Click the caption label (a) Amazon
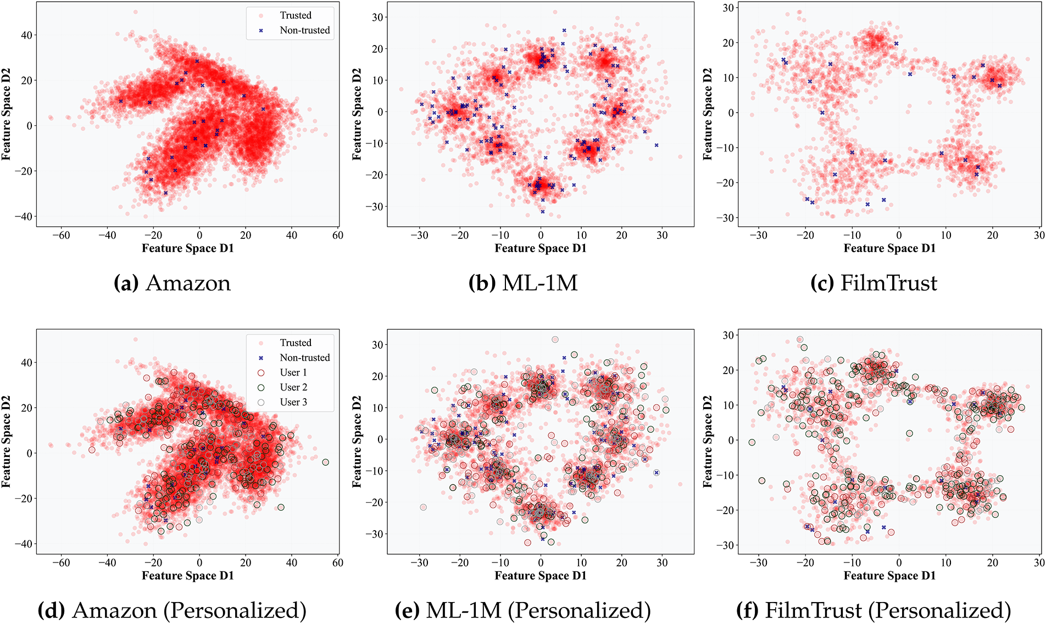click(172, 283)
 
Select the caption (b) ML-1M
click(523, 283)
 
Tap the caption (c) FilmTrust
click(873, 283)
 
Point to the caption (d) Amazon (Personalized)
click(172, 611)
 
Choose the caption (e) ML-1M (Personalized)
click(523, 611)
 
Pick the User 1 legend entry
click(293, 372)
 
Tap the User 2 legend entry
click(293, 387)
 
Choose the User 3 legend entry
click(293, 402)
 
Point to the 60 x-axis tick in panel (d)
click(337, 563)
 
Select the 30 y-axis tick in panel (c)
click(727, 8)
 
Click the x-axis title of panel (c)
click(889, 248)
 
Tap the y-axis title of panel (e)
click(358, 441)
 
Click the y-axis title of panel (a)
click(7, 114)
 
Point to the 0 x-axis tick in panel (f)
click(899, 563)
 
